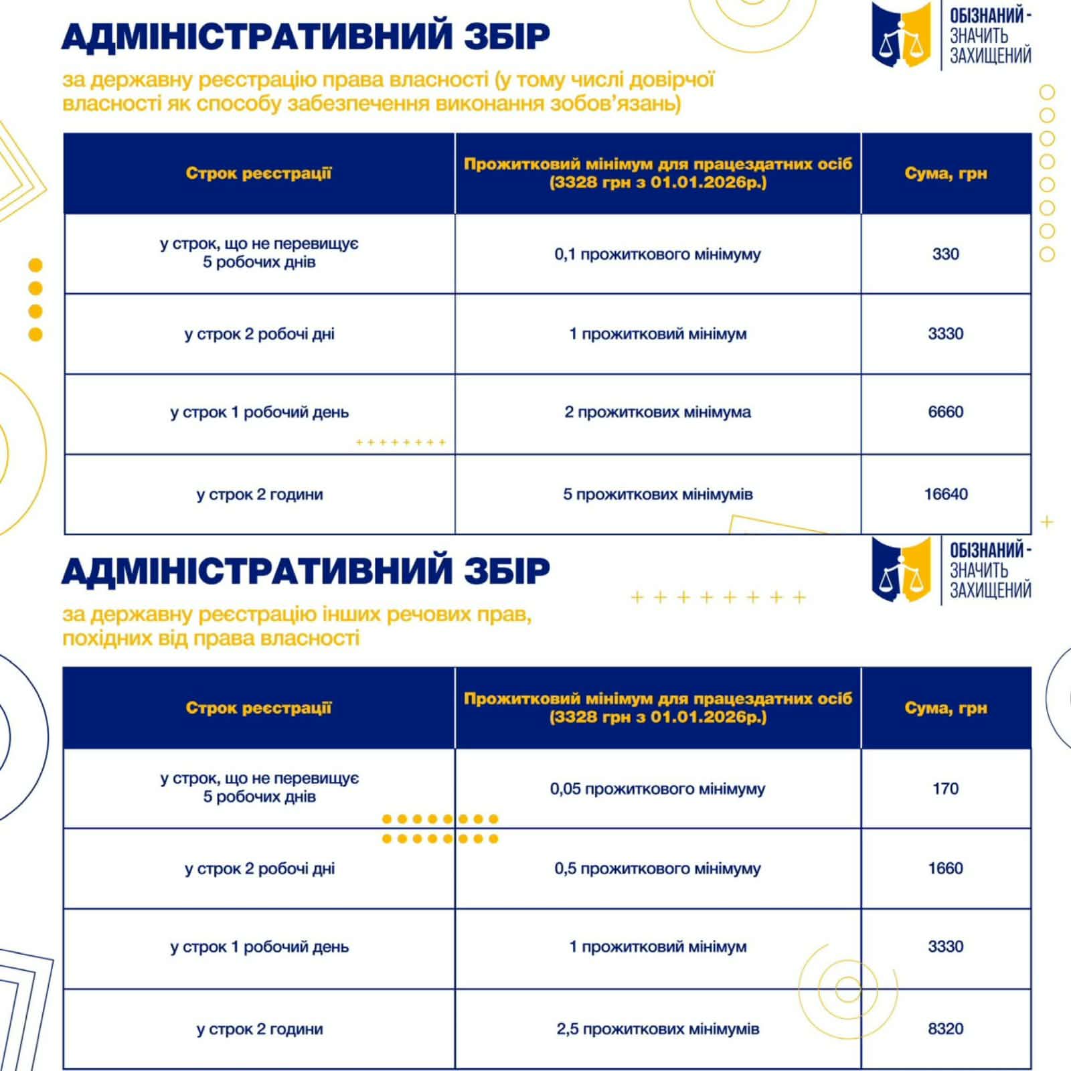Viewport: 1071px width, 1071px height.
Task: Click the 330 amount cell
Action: pos(945,254)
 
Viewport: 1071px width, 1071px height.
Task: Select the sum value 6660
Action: pos(945,412)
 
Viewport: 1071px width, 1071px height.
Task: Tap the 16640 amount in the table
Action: pos(945,494)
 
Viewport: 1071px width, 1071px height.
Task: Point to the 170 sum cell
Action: pos(945,789)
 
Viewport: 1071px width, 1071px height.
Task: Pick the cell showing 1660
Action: pos(945,868)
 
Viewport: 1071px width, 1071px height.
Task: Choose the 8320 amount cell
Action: pos(945,1028)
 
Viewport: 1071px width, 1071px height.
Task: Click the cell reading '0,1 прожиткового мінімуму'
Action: pos(657,254)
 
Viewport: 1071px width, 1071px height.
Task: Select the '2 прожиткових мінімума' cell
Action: pos(657,412)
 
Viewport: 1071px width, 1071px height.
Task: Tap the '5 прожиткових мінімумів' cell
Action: pos(657,494)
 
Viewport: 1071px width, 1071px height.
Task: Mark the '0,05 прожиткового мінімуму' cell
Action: pos(657,789)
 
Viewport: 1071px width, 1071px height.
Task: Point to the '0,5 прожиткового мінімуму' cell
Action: pos(657,868)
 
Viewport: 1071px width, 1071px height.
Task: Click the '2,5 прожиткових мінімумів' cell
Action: pos(657,1028)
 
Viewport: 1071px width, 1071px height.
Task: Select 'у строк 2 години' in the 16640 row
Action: pos(260,494)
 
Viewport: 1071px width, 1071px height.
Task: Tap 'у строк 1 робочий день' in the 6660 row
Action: pos(260,412)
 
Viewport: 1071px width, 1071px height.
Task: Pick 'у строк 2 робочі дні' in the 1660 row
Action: pos(260,868)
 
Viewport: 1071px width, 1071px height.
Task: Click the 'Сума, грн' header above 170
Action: pos(945,708)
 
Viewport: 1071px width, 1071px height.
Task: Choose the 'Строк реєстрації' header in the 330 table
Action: pos(258,173)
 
